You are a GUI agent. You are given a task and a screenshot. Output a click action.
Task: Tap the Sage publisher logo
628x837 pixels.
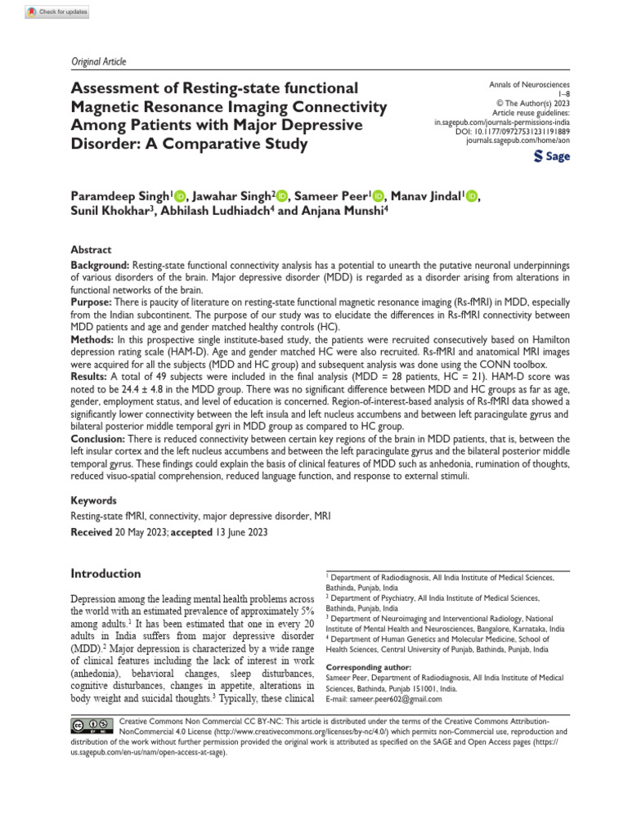(551, 155)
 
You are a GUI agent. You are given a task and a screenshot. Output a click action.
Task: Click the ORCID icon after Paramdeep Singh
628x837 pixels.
(180, 195)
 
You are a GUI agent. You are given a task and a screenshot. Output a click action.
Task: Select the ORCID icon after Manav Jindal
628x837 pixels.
(472, 195)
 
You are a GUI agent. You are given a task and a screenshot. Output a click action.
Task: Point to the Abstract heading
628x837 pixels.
(91, 250)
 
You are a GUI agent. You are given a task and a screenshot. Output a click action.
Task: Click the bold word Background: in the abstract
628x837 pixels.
(100, 266)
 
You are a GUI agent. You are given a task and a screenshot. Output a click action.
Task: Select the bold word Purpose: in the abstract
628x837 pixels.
(92, 302)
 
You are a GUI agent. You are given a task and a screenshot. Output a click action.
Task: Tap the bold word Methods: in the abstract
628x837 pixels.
(93, 339)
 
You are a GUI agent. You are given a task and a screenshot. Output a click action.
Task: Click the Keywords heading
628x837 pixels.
(94, 500)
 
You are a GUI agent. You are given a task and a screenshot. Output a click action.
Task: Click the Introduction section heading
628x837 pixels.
(105, 574)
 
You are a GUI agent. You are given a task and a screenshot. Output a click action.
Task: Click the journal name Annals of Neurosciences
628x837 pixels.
(529, 85)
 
